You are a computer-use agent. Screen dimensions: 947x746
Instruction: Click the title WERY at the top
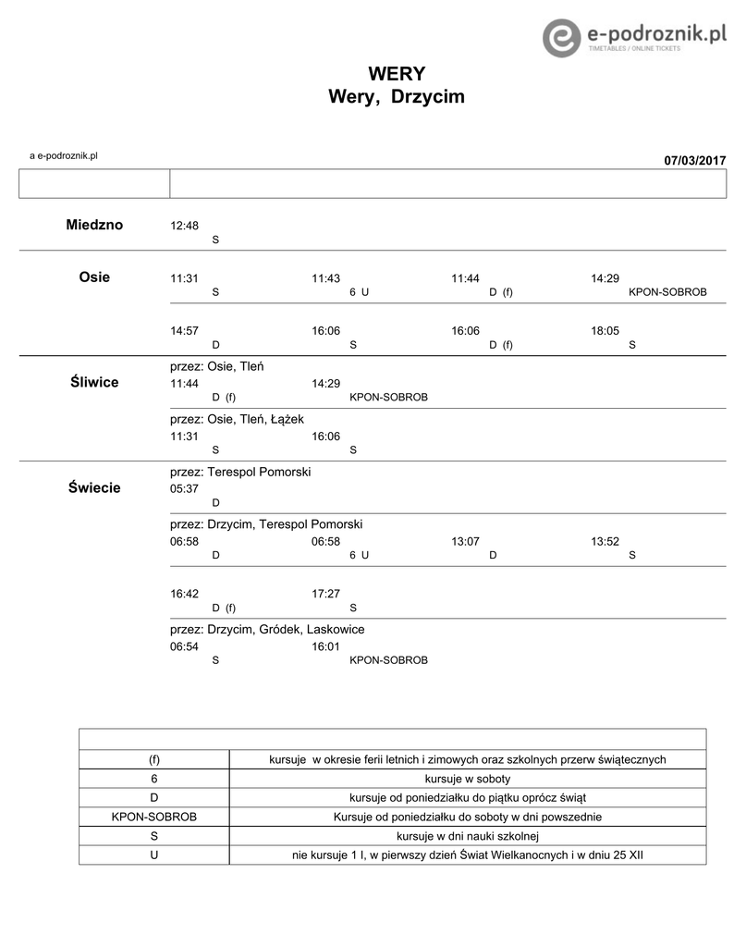click(x=397, y=74)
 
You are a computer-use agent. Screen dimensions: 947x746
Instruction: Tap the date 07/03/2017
click(x=695, y=161)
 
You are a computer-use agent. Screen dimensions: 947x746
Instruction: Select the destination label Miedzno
click(x=94, y=226)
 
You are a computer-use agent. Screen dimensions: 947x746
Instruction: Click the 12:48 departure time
click(x=184, y=227)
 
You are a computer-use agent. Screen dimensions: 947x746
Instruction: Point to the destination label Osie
click(x=94, y=277)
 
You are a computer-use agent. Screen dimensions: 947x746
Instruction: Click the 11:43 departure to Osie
click(x=325, y=278)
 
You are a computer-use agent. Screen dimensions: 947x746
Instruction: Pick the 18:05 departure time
click(x=605, y=330)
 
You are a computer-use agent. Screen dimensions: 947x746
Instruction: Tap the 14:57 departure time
click(x=184, y=330)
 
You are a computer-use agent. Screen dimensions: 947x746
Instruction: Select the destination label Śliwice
click(x=94, y=382)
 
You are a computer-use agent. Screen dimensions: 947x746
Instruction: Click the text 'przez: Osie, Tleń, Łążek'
click(x=237, y=419)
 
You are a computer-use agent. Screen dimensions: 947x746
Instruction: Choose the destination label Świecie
click(x=94, y=487)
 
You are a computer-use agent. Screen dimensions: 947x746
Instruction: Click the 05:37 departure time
click(x=184, y=489)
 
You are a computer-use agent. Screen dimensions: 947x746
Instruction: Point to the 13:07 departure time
click(x=465, y=542)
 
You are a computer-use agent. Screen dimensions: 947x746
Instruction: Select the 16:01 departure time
click(x=325, y=647)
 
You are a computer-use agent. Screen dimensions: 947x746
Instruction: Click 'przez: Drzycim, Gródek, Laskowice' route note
click(x=267, y=629)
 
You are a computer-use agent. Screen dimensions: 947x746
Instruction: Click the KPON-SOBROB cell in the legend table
click(x=154, y=817)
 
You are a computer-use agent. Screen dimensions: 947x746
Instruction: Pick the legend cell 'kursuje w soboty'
click(x=467, y=779)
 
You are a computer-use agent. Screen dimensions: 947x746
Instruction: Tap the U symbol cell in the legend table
click(x=154, y=855)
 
